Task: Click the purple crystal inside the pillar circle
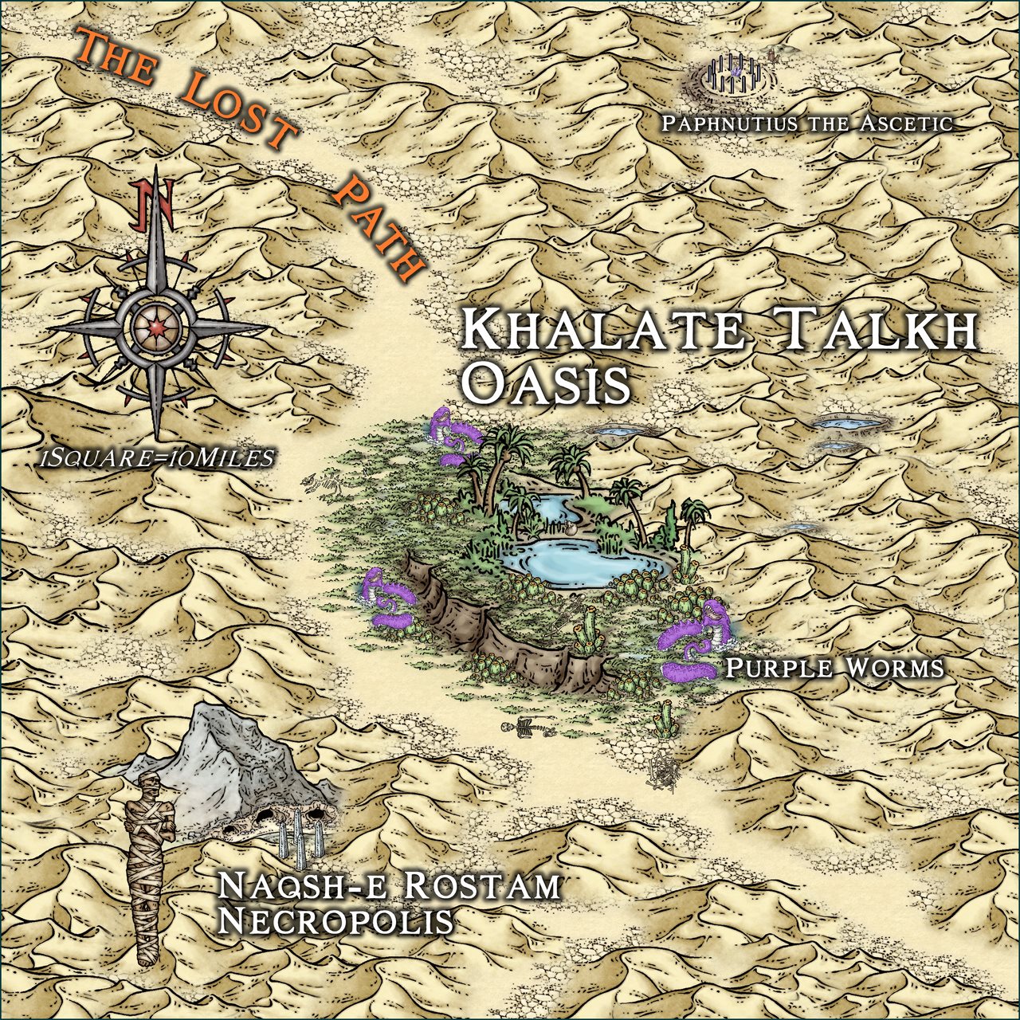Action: pos(738,72)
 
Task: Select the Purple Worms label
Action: pos(833,668)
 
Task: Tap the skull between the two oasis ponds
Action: pos(571,528)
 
